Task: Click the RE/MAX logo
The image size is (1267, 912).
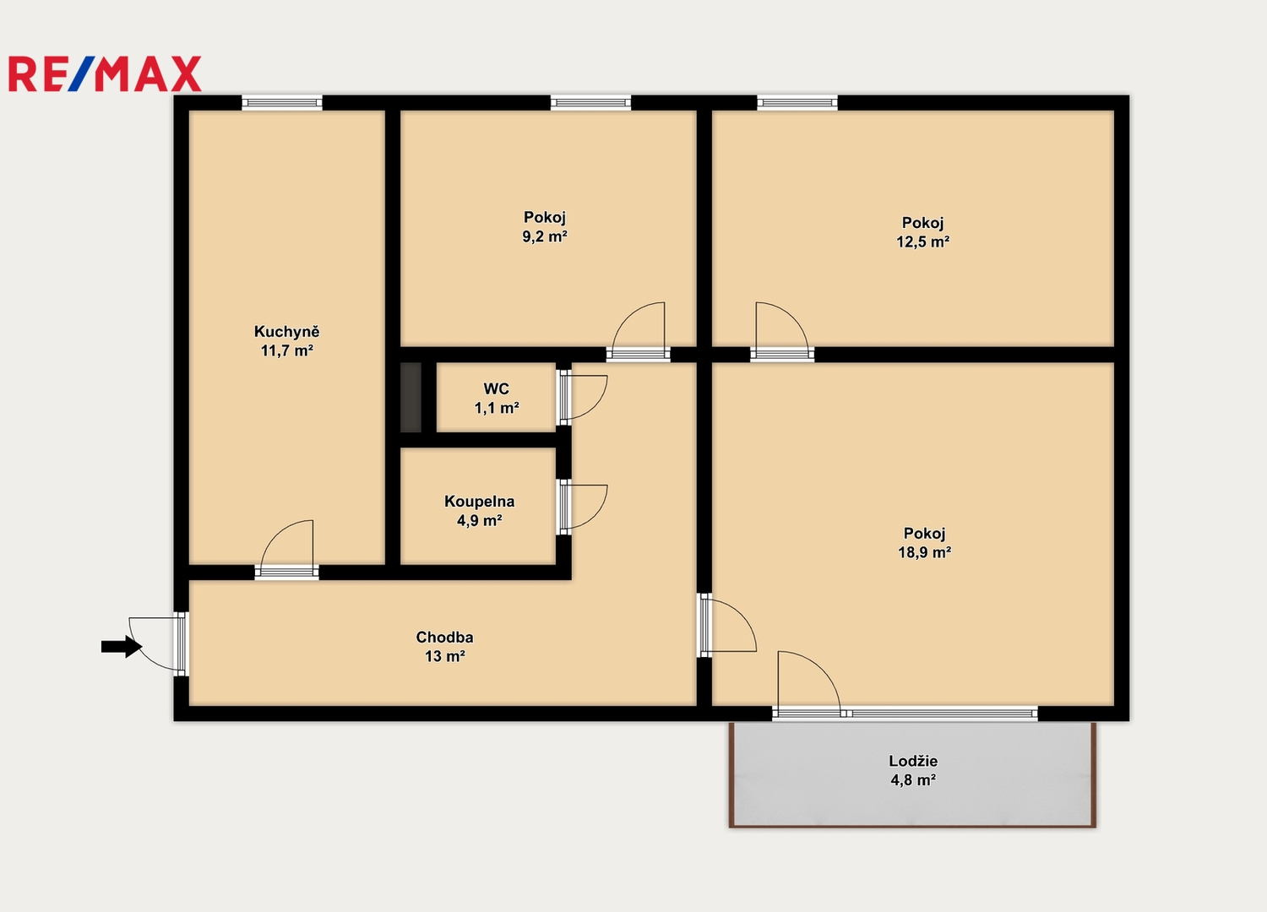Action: [105, 73]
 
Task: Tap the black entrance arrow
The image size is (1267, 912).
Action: [122, 646]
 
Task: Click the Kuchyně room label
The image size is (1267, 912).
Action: [287, 331]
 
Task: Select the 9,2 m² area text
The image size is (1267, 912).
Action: [545, 236]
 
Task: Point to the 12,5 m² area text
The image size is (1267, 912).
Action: [922, 242]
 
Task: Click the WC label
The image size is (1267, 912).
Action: [496, 388]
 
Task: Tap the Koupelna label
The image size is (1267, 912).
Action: [479, 501]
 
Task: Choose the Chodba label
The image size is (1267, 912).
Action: [444, 638]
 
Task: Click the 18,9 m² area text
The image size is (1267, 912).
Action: [924, 551]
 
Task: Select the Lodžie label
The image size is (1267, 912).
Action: [913, 761]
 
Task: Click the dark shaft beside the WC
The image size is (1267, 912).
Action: [411, 397]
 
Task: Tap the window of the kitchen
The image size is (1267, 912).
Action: [282, 103]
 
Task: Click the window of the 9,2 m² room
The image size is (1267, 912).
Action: [590, 103]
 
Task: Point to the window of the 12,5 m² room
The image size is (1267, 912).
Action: [797, 103]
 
